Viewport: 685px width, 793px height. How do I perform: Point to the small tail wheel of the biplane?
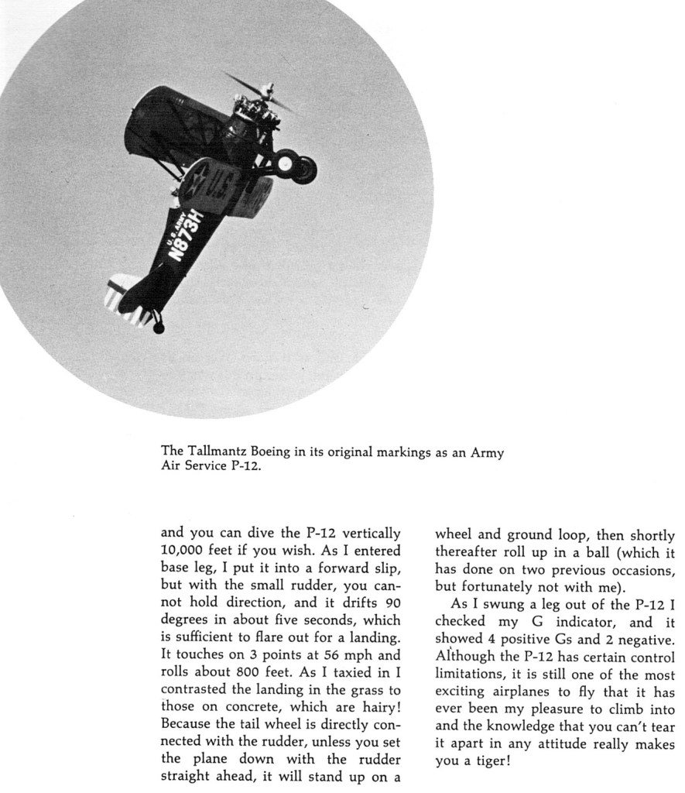point(159,328)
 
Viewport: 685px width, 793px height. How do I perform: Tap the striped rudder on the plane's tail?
point(119,294)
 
